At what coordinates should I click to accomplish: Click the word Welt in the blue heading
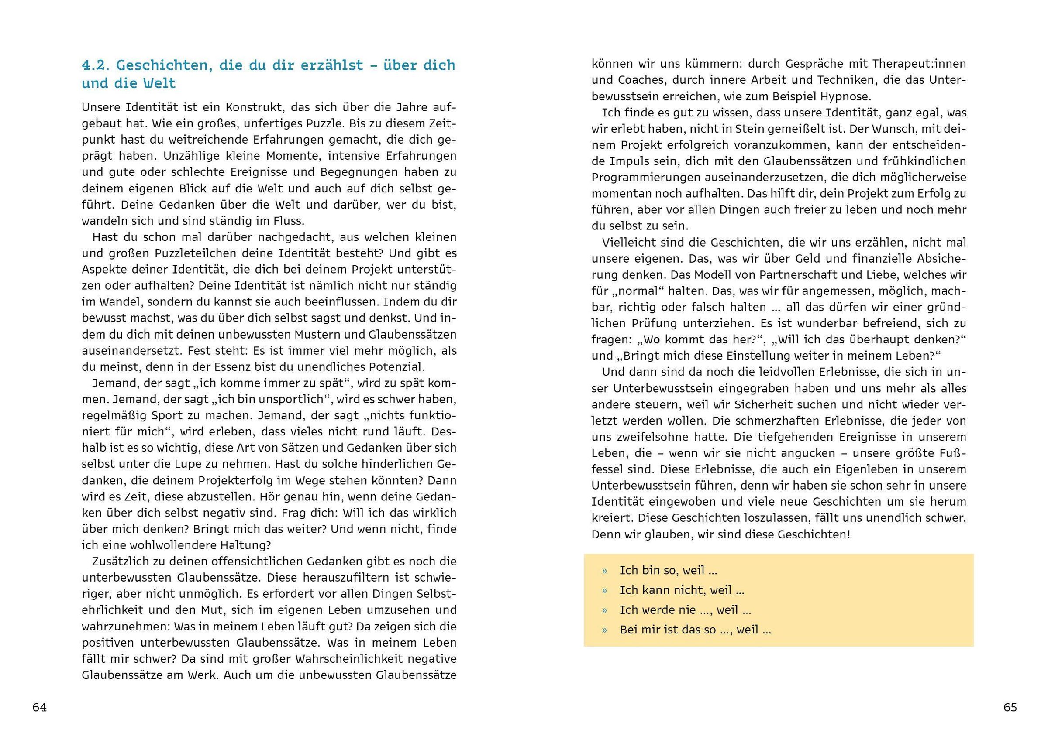pyautogui.click(x=159, y=84)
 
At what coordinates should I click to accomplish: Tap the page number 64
pyautogui.click(x=39, y=707)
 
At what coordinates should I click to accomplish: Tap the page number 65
pyautogui.click(x=1010, y=707)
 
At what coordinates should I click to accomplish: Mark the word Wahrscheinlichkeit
pyautogui.click(x=350, y=659)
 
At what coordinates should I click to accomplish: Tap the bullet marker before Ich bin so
pyautogui.click(x=604, y=571)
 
